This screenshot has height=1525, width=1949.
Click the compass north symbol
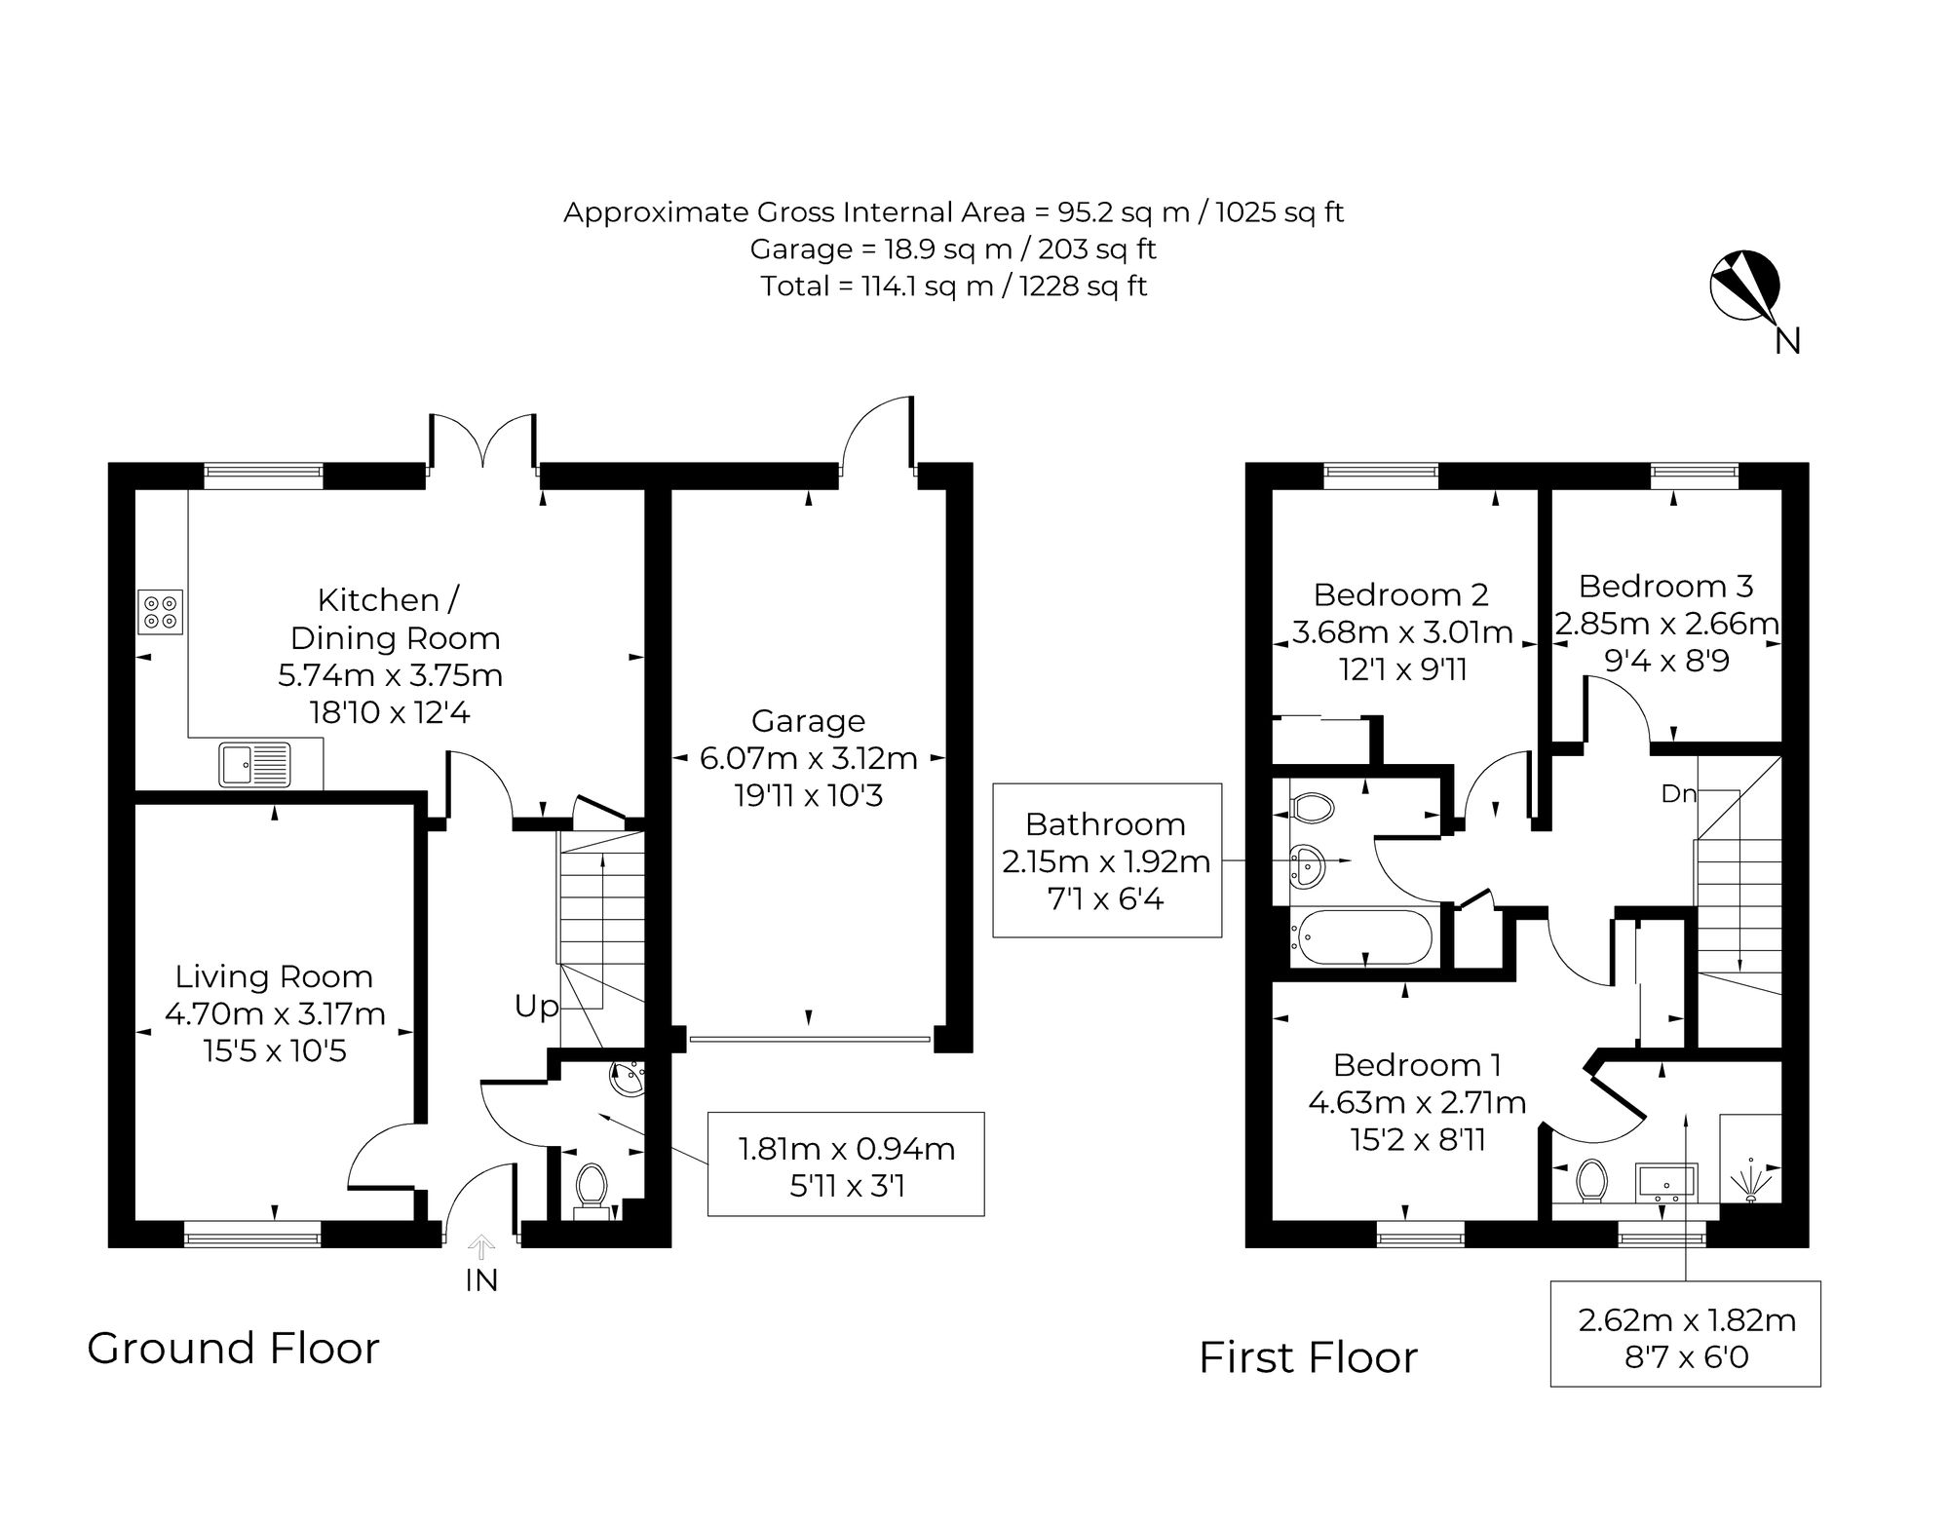coord(1745,286)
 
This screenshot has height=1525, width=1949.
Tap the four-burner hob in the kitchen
coord(161,612)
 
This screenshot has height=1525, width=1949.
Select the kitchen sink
coord(255,764)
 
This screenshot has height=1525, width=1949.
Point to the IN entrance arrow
coord(481,1246)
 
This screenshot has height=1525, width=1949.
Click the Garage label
coord(808,721)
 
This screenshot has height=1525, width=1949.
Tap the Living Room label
coord(274,976)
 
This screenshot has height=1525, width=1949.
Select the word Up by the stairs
coord(537,1007)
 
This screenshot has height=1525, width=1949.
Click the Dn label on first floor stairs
coord(1678,794)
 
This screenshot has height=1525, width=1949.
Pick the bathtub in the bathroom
coord(1360,937)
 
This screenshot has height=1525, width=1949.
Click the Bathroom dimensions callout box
coord(1107,860)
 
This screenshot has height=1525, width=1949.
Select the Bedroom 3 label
coord(1665,586)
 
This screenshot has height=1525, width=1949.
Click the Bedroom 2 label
coord(1400,594)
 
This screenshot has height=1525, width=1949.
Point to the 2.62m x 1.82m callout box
coord(1686,1334)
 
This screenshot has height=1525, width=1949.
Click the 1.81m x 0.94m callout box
coord(846,1163)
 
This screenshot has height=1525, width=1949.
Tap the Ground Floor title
coord(233,1349)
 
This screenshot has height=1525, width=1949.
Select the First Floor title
coord(1308,1357)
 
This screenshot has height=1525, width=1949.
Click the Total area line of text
coord(954,286)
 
